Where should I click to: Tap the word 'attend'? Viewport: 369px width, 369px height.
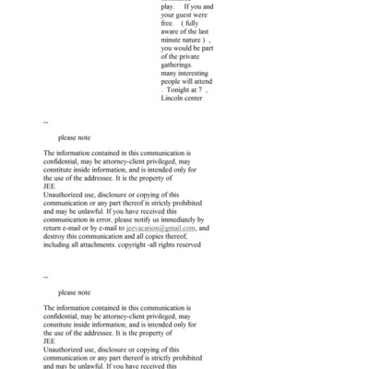point(200,109)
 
